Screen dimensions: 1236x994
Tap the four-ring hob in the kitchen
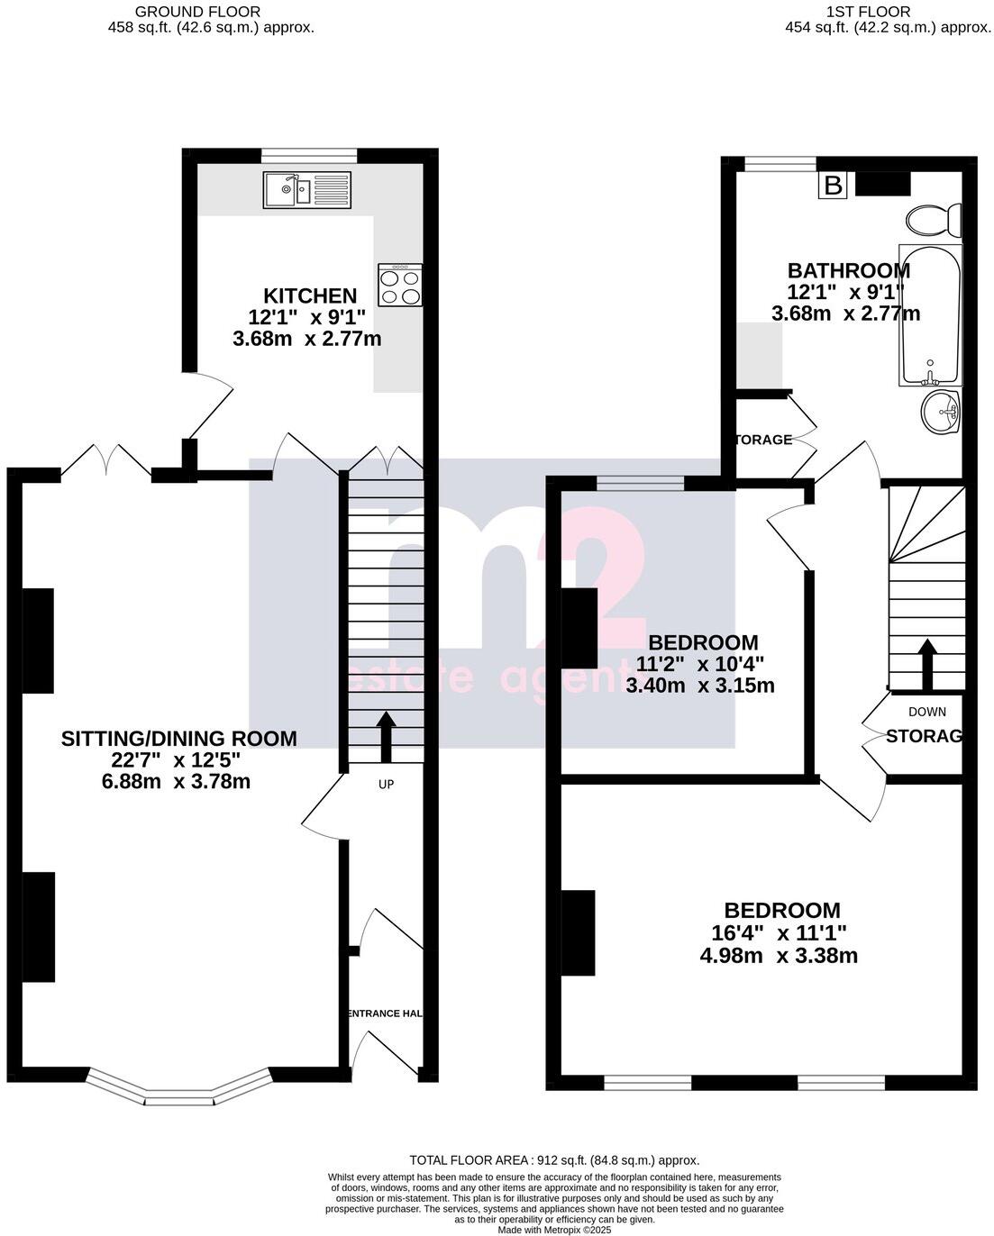[x=400, y=286]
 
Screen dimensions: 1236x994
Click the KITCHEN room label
[x=310, y=295]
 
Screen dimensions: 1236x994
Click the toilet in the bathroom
[x=934, y=220]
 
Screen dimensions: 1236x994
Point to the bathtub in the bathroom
[x=930, y=314]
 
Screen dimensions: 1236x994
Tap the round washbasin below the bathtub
[x=941, y=413]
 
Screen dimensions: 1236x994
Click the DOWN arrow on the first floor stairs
[x=926, y=663]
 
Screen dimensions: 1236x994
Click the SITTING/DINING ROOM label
[x=178, y=739]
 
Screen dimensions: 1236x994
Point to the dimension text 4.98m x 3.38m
[x=779, y=955]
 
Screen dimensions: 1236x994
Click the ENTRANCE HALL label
[x=386, y=1013]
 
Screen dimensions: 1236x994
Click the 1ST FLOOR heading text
[x=868, y=12]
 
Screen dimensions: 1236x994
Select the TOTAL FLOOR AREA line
[x=554, y=1160]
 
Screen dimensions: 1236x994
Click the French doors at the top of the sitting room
[x=106, y=460]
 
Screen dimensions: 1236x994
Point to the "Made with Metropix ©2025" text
[x=554, y=1229]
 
